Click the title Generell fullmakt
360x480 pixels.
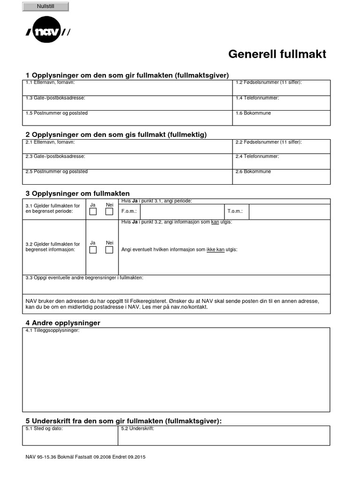[277, 54]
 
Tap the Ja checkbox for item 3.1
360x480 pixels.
[93, 211]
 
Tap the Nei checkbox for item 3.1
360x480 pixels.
[109, 211]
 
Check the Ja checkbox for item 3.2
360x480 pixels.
[93, 250]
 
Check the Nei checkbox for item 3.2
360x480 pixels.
[109, 250]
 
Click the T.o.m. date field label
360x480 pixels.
[235, 211]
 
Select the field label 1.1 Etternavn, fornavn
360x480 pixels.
[50, 82]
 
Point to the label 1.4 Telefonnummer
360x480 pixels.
[257, 98]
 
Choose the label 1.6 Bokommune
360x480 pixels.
[253, 113]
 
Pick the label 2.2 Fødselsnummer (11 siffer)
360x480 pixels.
[268, 142]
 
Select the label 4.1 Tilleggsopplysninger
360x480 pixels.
[52, 330]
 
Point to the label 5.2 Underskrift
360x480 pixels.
[137, 428]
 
